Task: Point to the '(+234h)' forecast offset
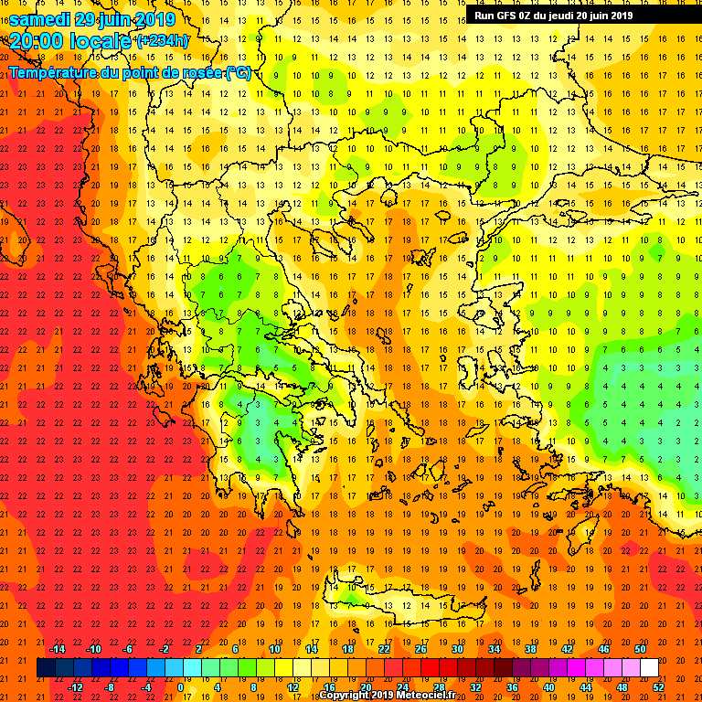coord(163,41)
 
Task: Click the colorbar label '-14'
coord(57,649)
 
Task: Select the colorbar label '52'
coord(659,687)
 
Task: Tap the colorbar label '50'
coord(640,649)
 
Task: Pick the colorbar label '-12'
coord(75,687)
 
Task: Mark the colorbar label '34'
coord(494,649)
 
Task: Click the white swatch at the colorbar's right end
coord(649,668)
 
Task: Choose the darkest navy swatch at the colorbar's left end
coord(47,668)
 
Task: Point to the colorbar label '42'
coord(567,649)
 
